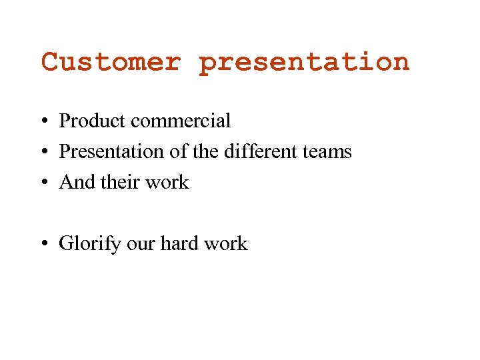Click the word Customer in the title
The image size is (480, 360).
[111, 62]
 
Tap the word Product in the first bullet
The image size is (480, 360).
[93, 121]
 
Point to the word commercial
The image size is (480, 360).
[181, 121]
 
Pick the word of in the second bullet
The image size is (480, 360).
[179, 152]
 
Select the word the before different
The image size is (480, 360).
[205, 152]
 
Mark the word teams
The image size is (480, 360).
[326, 153]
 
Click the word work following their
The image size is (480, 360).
[169, 183]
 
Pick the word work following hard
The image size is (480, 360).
[226, 244]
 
